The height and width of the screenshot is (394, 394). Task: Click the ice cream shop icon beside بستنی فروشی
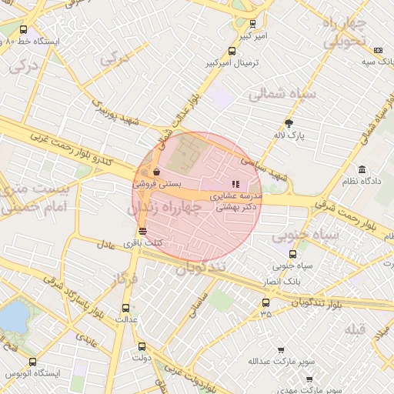157,172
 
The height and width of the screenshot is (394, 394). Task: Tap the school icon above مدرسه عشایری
235,184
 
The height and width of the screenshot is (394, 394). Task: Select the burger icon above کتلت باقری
142,231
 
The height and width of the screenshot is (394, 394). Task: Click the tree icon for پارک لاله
289,123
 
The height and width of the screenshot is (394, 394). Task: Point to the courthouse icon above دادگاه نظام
362,169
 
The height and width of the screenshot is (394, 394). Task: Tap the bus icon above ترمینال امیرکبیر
232,52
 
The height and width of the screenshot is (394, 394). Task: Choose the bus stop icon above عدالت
129,306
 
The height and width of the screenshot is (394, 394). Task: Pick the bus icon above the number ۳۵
266,302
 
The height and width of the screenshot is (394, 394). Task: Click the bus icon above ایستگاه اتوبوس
32,361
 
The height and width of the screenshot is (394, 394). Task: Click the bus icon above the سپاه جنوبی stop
292,254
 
